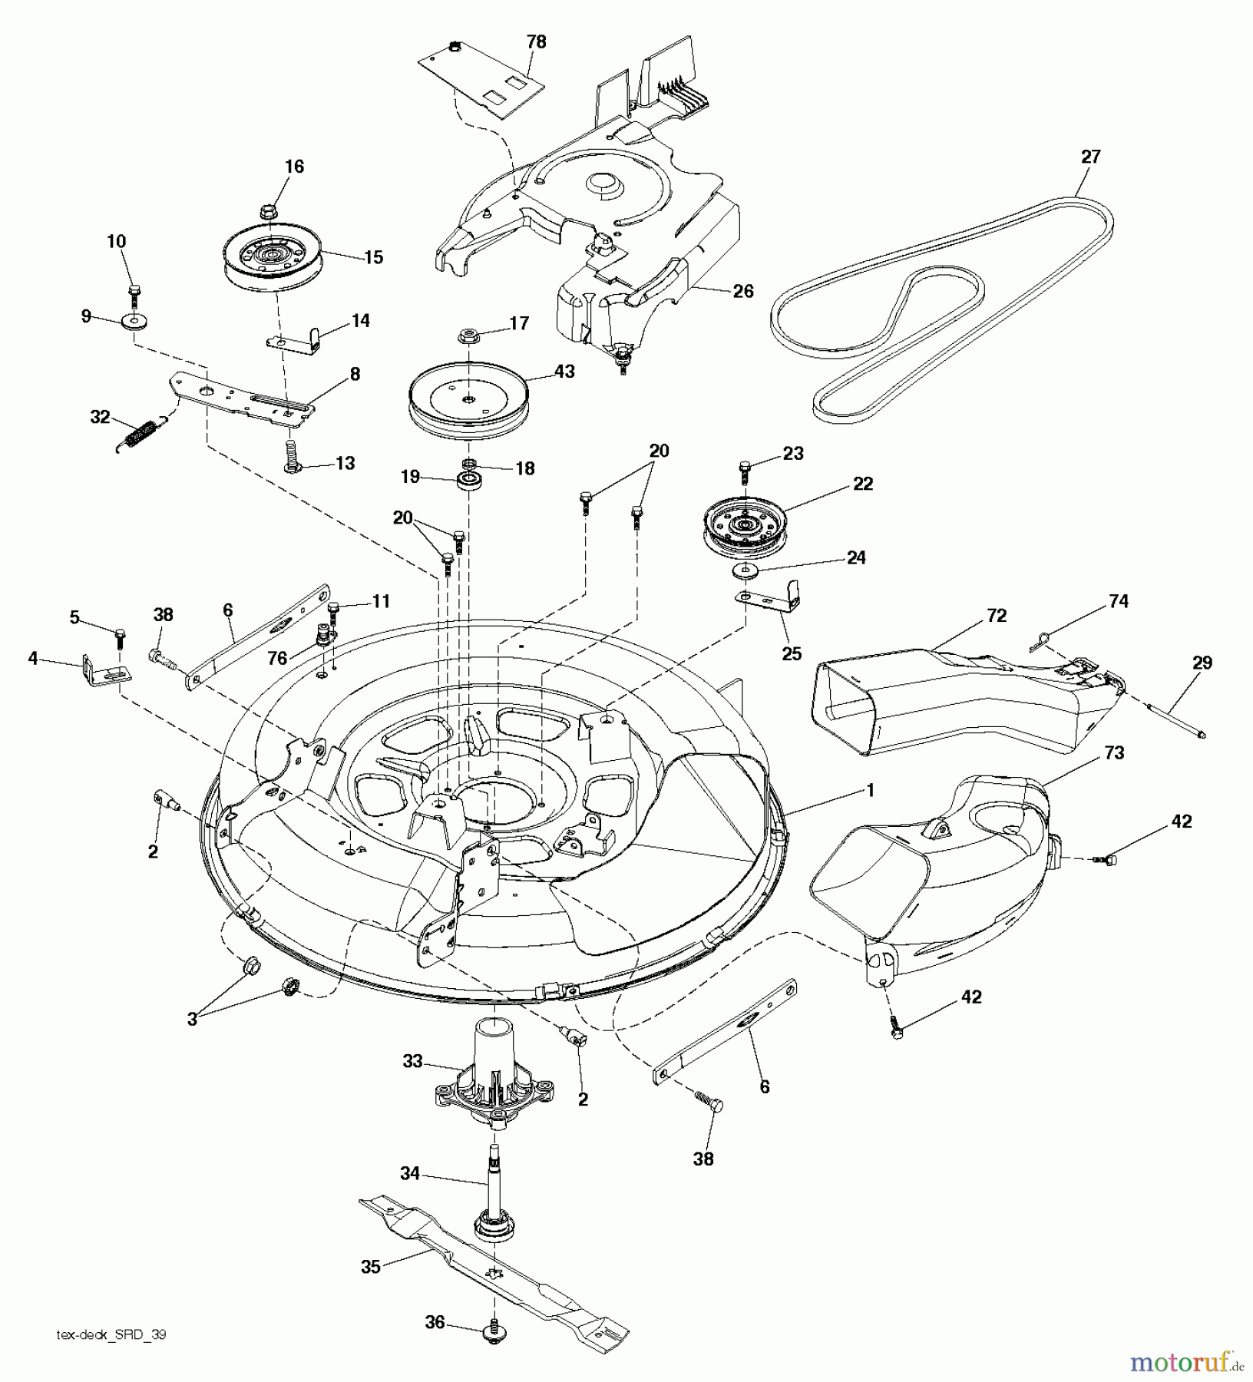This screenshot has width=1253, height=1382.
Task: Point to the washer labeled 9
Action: coord(134,319)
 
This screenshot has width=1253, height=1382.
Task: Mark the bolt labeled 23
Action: coord(744,468)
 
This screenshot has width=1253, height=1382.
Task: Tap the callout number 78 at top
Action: coord(536,42)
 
